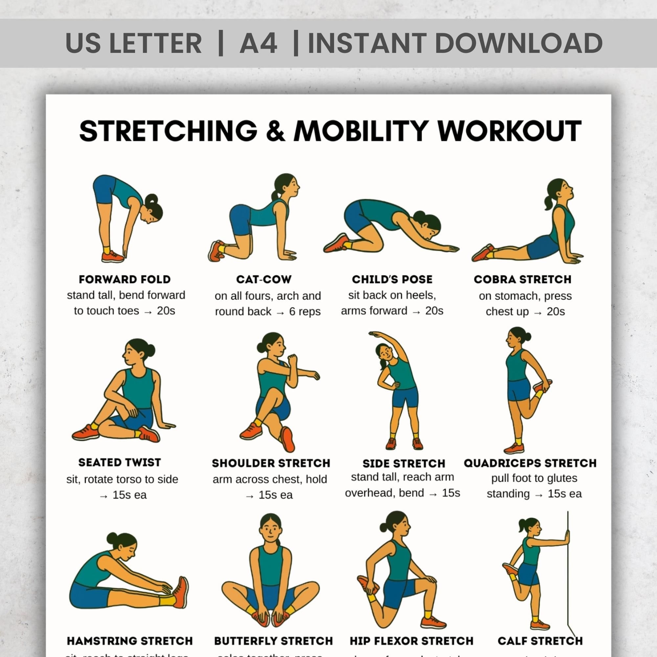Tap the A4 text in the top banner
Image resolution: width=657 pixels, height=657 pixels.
click(x=259, y=43)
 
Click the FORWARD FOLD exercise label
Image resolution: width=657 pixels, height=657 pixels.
click(x=125, y=279)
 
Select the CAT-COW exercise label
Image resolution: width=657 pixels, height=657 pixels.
click(x=264, y=279)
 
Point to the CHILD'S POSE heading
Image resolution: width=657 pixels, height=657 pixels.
click(x=392, y=279)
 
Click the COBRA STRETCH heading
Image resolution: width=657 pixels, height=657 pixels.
click(x=522, y=279)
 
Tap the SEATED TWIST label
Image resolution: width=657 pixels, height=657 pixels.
click(x=120, y=463)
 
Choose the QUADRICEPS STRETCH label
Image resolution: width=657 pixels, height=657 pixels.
click(x=530, y=463)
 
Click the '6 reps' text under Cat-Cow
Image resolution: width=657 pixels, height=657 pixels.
click(x=305, y=311)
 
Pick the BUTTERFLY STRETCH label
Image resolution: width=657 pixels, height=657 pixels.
click(x=273, y=641)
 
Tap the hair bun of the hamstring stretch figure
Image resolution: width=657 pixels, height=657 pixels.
click(x=112, y=538)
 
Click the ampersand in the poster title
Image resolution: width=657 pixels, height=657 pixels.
click(x=276, y=131)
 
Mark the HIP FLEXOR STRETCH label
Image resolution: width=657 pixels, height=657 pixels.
click(x=412, y=641)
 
